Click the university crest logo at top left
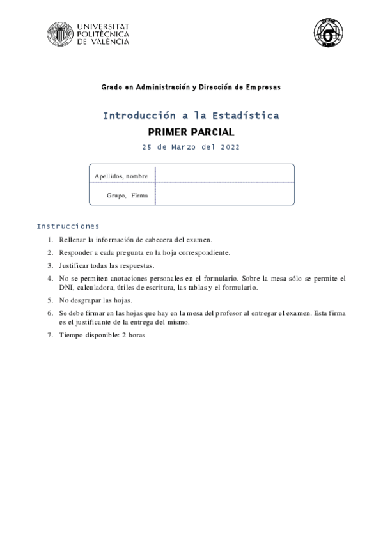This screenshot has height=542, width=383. pyautogui.click(x=61, y=34)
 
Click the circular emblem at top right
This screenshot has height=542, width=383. pyautogui.click(x=328, y=33)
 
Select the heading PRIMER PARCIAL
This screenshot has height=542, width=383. pyautogui.click(x=191, y=133)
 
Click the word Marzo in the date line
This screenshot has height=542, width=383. pyautogui.click(x=184, y=147)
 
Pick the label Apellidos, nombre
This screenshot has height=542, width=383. pyautogui.click(x=121, y=176)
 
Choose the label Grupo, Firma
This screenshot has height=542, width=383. pyautogui.click(x=127, y=196)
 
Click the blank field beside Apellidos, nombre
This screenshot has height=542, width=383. pyautogui.click(x=224, y=174)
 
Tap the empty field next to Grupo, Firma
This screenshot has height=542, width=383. pyautogui.click(x=224, y=194)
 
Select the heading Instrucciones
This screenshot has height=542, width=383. pyautogui.click(x=68, y=226)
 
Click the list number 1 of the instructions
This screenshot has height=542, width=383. pyautogui.click(x=50, y=240)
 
